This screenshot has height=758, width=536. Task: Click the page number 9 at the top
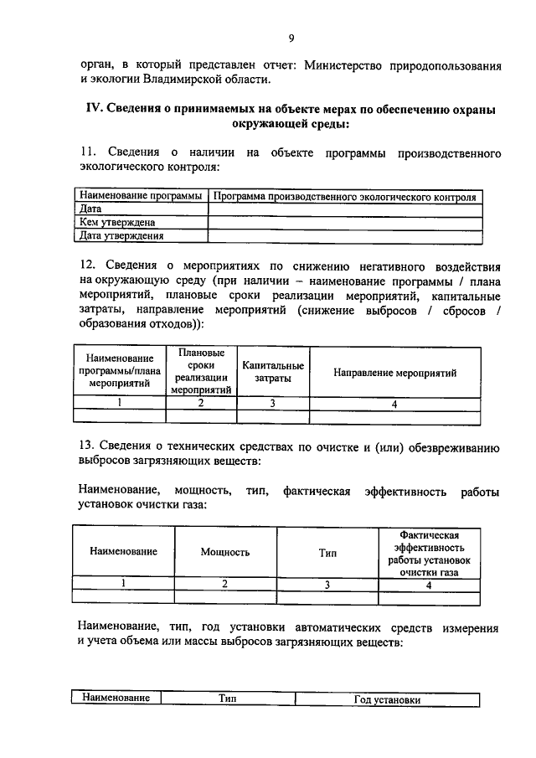pos(291,38)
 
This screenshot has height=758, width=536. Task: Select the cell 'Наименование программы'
pos(140,197)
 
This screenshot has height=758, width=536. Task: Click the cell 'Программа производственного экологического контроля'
pos(345,197)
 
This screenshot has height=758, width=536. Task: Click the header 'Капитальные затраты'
pos(273,372)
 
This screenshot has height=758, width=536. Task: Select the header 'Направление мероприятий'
pos(395,372)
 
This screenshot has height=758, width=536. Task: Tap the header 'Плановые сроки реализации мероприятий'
pos(201,372)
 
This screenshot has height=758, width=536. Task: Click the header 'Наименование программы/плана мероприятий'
pos(120,372)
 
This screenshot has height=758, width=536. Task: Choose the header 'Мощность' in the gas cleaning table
pos(225,552)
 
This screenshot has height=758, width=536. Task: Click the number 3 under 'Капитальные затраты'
pos(273,403)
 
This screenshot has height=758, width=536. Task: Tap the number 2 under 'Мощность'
pos(225,585)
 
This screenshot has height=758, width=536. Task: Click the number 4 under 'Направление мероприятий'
pos(395,403)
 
